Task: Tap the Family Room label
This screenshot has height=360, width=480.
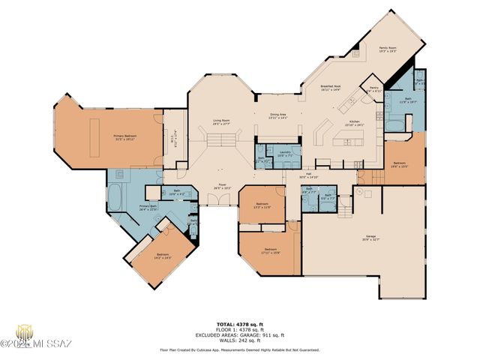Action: [x=387, y=49]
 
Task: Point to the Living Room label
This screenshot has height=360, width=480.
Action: [x=220, y=121]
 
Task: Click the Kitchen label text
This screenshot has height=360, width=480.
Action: [x=354, y=123]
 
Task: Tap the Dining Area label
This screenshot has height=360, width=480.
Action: [x=278, y=116]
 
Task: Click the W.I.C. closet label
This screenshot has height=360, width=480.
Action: [x=172, y=136]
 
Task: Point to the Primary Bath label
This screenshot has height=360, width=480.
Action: [x=148, y=208]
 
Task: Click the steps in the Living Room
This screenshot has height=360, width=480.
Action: [x=221, y=140]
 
